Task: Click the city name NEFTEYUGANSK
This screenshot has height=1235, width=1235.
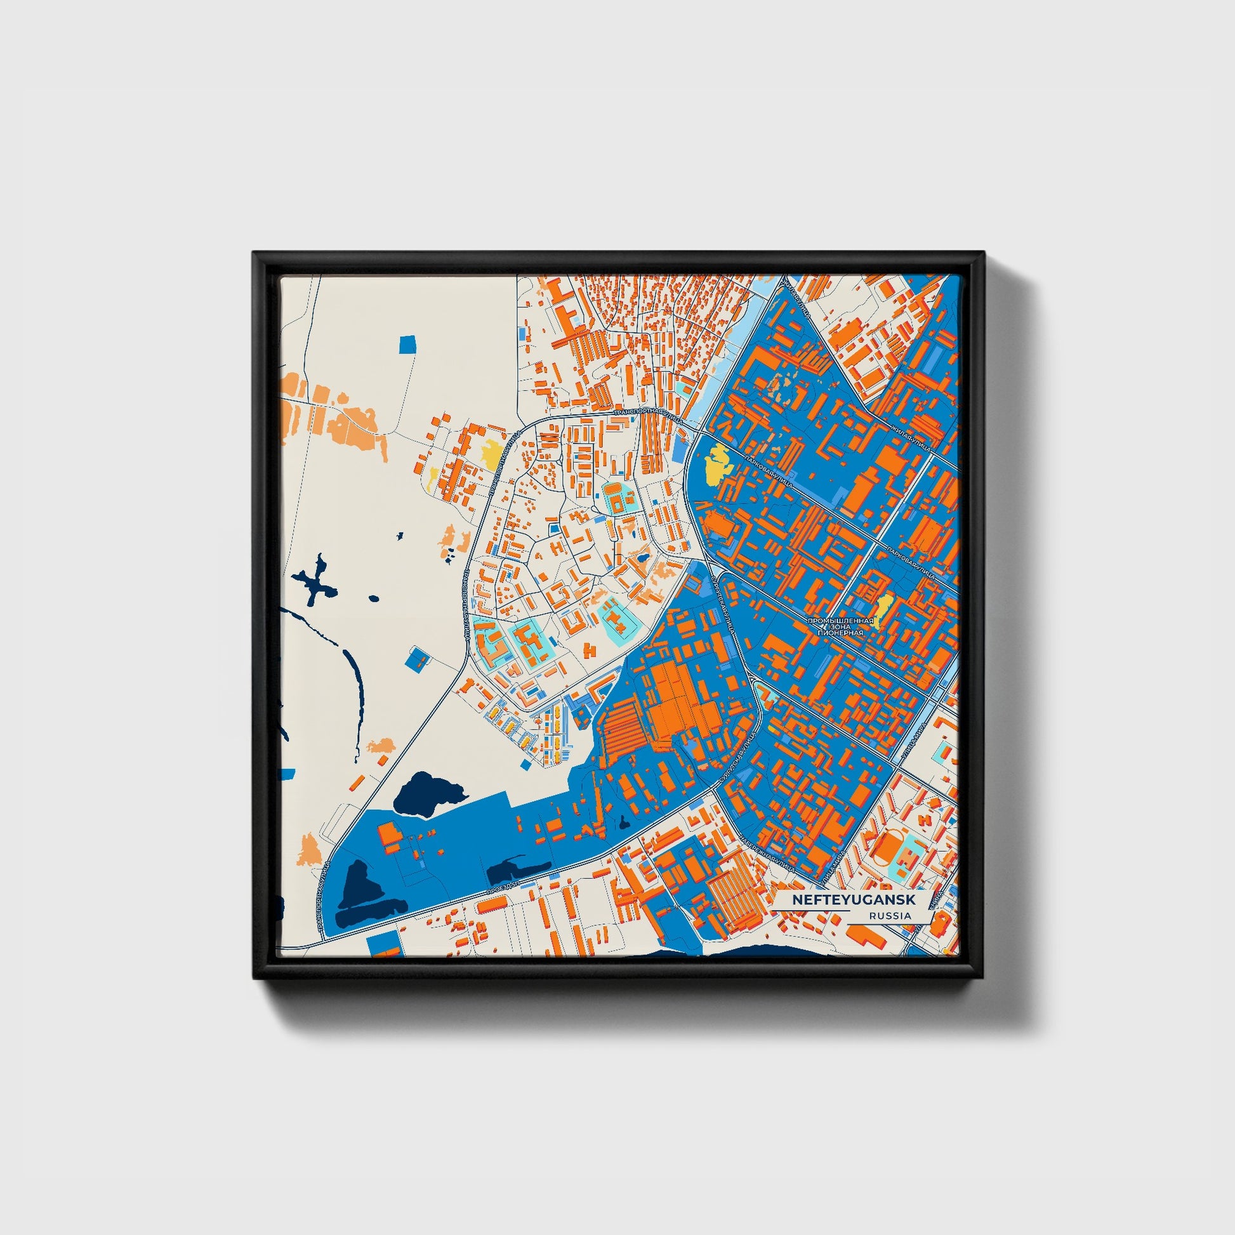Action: (854, 899)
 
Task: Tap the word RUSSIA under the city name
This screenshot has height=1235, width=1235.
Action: (890, 916)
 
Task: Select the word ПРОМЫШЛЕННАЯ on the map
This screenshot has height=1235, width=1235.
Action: (840, 621)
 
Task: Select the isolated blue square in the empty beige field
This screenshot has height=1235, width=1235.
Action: (407, 345)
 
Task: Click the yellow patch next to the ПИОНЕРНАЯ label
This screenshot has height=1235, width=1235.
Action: (883, 610)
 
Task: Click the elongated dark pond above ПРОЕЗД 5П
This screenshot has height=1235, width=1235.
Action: (518, 870)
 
